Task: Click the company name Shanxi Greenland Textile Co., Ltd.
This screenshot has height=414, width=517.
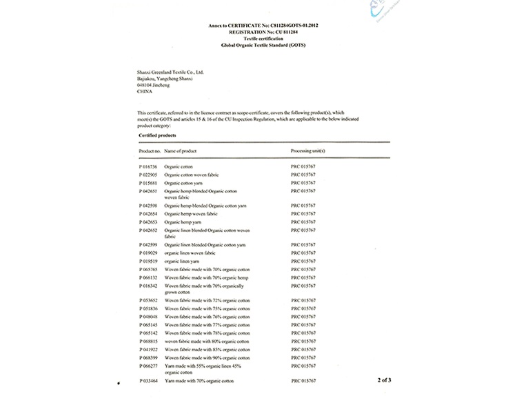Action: pyautogui.click(x=170, y=72)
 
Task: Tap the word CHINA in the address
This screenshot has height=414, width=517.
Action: pyautogui.click(x=145, y=90)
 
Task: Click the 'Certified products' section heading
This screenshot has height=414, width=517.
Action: pyautogui.click(x=157, y=136)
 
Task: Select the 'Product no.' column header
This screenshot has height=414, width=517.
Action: pyautogui.click(x=150, y=150)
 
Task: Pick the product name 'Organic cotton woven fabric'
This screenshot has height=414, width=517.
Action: pyautogui.click(x=190, y=175)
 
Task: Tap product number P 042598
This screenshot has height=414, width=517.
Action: pyautogui.click(x=149, y=206)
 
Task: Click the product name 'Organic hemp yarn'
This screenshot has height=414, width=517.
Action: pyautogui.click(x=181, y=222)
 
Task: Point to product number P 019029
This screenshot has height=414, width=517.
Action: pyautogui.click(x=149, y=253)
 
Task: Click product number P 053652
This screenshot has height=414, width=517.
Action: pyautogui.click(x=149, y=302)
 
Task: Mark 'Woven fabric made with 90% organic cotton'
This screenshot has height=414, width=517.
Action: pyautogui.click(x=207, y=357)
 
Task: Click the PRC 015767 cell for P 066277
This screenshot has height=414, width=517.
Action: pyautogui.click(x=303, y=366)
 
